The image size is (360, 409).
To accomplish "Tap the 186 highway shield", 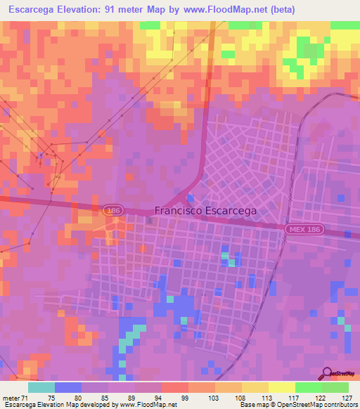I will pyautogui.click(x=111, y=210).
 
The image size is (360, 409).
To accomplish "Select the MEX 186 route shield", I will pyautogui.click(x=304, y=231).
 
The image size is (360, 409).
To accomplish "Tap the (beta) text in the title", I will pyautogui.click(x=281, y=9).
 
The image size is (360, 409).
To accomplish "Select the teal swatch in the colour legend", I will pyautogui.click(x=41, y=387).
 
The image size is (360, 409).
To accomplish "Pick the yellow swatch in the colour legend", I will pyautogui.click(x=281, y=387).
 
